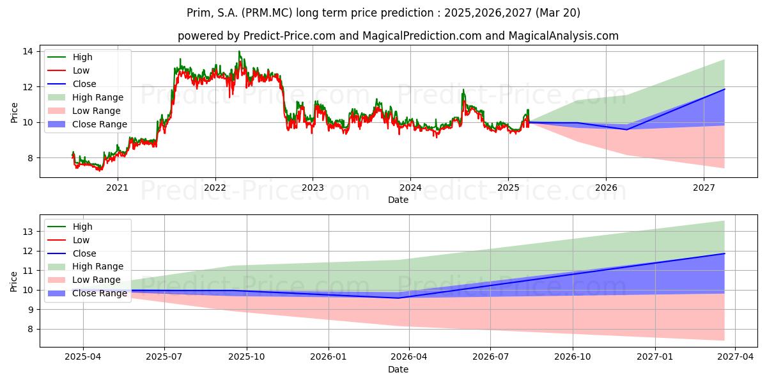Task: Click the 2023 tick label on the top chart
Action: (313, 188)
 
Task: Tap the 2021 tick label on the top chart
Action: (117, 188)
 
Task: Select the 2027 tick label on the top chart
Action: (704, 188)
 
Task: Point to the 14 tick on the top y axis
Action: (27, 51)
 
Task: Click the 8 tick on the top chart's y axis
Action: (31, 158)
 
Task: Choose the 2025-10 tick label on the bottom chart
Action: (247, 356)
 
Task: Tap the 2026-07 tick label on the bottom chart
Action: (490, 356)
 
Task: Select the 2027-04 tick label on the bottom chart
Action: (736, 356)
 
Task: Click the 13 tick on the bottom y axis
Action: (27, 232)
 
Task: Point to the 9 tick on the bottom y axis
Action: (31, 310)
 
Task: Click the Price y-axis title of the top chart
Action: (14, 113)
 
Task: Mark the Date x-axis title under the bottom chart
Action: (398, 369)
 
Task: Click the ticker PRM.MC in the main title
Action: (267, 13)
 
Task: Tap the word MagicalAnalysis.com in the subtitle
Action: (563, 36)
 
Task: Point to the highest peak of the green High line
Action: (239, 51)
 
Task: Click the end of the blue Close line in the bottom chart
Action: (725, 253)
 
